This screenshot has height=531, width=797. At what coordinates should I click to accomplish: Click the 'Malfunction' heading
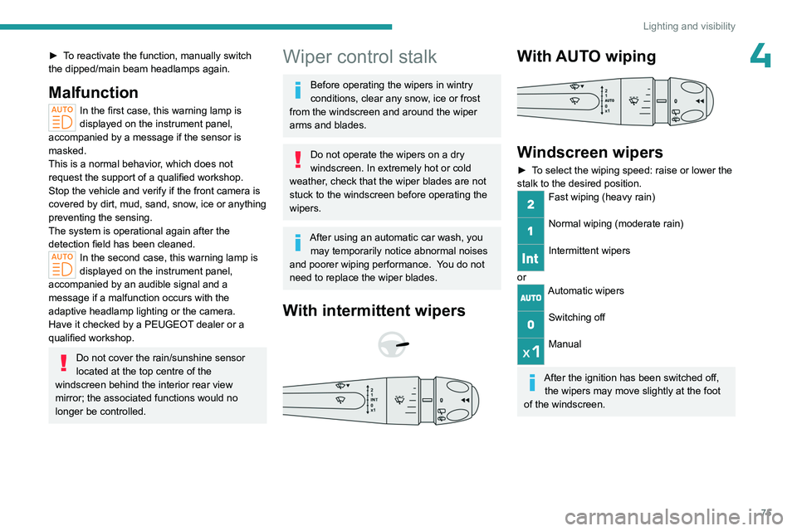[94, 92]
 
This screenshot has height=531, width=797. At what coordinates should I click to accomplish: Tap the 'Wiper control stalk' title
[359, 56]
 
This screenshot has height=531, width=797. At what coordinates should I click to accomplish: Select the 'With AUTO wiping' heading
[586, 56]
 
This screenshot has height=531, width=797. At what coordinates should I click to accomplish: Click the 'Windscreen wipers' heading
[589, 152]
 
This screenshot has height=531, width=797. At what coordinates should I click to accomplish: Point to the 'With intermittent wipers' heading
[374, 310]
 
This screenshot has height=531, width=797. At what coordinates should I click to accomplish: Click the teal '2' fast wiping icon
[531, 204]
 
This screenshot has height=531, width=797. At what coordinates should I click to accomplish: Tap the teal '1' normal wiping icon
[531, 231]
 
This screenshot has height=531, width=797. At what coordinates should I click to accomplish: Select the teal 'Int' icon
[531, 258]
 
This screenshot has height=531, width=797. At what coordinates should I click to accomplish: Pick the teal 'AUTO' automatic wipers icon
[531, 298]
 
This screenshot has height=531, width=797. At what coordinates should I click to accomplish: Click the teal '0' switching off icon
[531, 324]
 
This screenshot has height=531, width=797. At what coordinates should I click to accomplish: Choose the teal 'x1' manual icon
[531, 352]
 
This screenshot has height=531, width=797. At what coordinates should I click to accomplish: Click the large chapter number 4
[760, 56]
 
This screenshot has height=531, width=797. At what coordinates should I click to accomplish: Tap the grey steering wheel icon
[393, 344]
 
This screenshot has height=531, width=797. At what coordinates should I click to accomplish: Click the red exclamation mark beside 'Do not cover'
[64, 363]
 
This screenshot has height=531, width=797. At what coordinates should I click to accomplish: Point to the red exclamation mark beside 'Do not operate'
[298, 159]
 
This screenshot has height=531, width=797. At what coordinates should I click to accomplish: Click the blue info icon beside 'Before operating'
[298, 90]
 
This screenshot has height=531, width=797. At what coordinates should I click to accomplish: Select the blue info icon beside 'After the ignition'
[532, 382]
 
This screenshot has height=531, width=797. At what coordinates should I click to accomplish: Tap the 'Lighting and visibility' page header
[689, 26]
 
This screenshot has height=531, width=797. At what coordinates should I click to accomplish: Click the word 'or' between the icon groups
[521, 277]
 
